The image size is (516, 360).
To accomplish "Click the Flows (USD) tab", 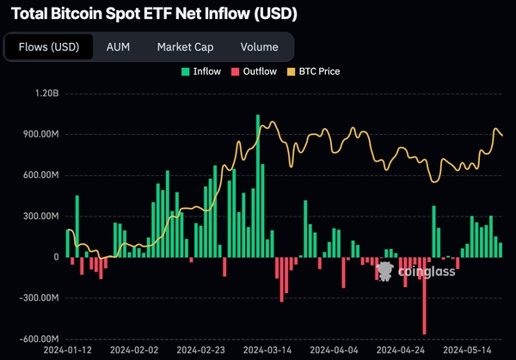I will click(48, 47).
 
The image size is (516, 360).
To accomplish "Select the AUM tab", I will click(118, 47).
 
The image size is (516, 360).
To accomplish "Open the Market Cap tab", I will click(185, 47).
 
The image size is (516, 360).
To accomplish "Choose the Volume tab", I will click(259, 47).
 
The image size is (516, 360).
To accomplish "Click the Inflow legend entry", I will click(200, 71).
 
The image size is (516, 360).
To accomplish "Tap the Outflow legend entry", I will click(256, 71).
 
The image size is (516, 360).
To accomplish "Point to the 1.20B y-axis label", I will click(42, 93).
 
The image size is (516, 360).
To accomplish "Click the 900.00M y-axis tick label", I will click(37, 134).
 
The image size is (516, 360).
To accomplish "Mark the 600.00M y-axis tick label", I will click(37, 175).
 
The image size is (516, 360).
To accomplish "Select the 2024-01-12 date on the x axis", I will click(68, 351).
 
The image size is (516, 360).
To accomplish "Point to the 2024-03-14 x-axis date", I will click(267, 351).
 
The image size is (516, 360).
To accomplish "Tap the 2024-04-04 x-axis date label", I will click(333, 351).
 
